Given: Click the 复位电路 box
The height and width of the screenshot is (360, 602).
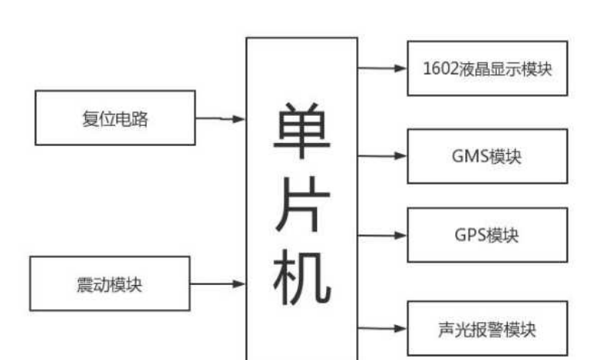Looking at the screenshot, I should [115, 117].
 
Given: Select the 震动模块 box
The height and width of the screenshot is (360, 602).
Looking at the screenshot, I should [109, 284].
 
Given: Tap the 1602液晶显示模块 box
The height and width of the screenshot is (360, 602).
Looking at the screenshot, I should [487, 68].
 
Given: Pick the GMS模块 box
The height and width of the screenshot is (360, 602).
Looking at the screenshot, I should [487, 156].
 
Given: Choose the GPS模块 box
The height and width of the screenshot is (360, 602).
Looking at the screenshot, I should [487, 235].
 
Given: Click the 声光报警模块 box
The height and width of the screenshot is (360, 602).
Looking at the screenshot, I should [487, 329].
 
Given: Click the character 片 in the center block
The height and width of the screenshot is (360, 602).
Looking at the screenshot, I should [301, 209].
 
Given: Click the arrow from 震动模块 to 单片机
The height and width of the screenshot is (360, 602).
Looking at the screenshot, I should [217, 284].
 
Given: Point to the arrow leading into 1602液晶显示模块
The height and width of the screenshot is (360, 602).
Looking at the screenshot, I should [382, 68].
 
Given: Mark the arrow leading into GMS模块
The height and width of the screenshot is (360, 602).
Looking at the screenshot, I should [382, 155].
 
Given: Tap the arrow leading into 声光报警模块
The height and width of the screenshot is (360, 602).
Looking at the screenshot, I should [382, 328].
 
